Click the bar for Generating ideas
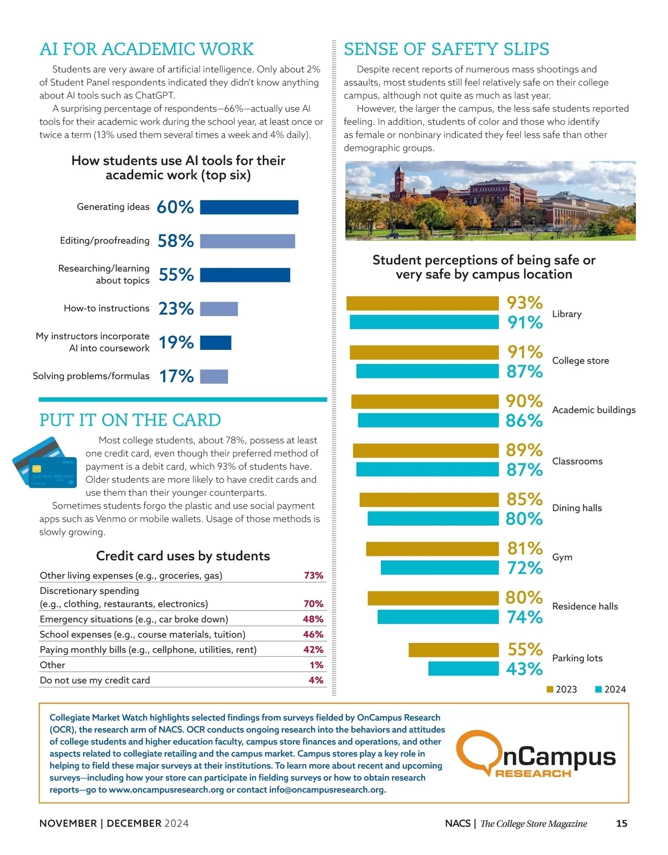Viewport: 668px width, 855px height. (x=249, y=207)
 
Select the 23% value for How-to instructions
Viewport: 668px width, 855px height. (x=176, y=309)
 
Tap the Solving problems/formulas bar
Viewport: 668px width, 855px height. (x=214, y=377)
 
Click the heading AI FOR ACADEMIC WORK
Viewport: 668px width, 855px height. (x=146, y=49)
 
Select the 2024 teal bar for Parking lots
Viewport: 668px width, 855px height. (x=463, y=668)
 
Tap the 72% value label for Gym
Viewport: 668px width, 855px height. (x=524, y=568)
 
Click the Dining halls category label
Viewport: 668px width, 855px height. (x=577, y=508)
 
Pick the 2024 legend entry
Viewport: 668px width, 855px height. (x=611, y=690)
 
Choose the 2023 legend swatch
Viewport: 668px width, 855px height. (x=550, y=690)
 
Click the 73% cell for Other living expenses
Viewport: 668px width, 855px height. (x=313, y=575)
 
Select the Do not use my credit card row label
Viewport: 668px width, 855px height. (x=95, y=680)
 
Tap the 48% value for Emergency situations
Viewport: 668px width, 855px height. (x=313, y=619)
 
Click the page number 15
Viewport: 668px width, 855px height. (x=621, y=823)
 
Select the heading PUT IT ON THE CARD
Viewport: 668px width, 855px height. (x=130, y=420)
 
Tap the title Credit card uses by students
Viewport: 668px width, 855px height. (x=183, y=556)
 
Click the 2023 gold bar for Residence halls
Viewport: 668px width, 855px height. (x=433, y=598)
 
